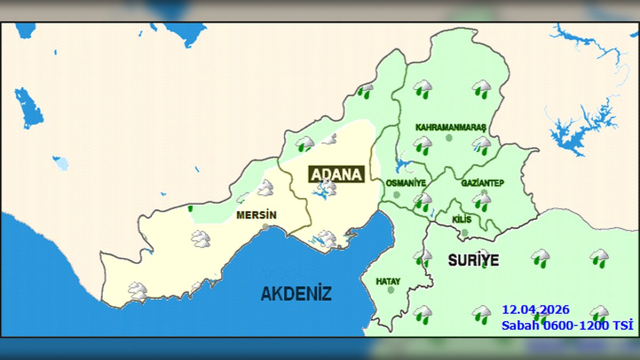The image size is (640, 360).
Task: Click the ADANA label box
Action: point(337,174)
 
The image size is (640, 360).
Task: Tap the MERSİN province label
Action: point(257,216)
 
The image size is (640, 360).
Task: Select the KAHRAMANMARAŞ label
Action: point(451,128)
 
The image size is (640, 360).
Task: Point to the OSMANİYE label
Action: point(405,183)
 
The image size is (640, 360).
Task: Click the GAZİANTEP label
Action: point(483,183)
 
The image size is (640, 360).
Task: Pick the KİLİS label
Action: point(461,220)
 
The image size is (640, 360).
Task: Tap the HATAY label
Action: point(388,281)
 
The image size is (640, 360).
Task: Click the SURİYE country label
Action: point(473,260)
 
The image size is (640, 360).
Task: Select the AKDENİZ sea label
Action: point(296,293)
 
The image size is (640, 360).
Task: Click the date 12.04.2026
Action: point(535,310)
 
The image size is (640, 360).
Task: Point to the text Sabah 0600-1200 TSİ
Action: point(567,325)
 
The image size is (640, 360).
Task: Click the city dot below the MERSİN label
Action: point(266,227)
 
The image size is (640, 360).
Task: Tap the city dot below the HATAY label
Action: point(391,290)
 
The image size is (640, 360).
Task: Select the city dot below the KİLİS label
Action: point(465,233)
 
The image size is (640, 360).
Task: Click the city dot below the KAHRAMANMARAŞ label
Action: point(449,138)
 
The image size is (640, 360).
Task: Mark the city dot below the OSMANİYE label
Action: point(396,195)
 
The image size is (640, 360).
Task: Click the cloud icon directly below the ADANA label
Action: point(327,187)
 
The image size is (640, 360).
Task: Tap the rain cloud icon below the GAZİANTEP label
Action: point(482,202)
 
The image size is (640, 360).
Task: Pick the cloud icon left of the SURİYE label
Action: point(422,258)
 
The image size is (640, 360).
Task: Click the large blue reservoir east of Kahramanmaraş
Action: point(579,128)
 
